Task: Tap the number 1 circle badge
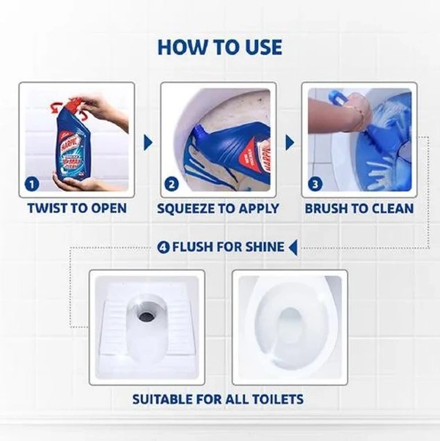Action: (32, 184)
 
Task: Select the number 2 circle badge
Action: (172, 184)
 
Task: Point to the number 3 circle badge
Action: (315, 184)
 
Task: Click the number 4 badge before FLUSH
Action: (164, 248)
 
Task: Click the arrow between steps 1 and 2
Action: (148, 142)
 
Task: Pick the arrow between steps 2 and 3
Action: (290, 142)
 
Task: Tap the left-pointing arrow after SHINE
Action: (293, 248)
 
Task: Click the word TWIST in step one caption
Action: (47, 208)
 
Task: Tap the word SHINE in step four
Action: (265, 247)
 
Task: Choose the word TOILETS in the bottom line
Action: (278, 399)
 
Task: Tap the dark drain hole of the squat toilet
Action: (146, 315)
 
